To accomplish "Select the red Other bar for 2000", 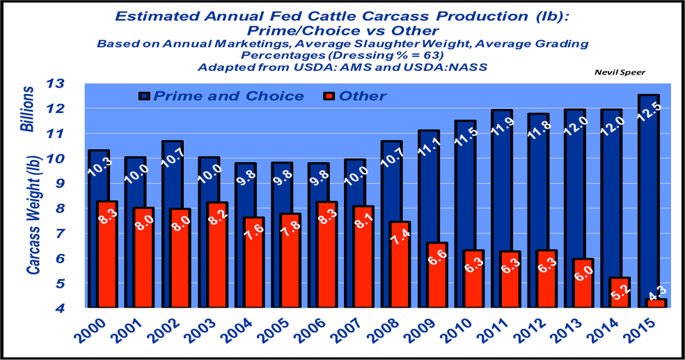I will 107,254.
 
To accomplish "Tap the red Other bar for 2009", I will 436,275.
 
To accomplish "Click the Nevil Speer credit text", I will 618,72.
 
